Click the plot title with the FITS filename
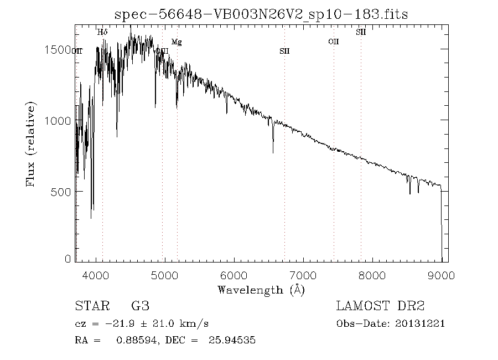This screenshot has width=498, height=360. coord(261,14)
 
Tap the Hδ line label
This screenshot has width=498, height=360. coord(102,33)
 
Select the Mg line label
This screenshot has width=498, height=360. coord(177,42)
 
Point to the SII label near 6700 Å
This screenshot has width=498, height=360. coord(284,51)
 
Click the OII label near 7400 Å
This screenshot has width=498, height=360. coord(333,42)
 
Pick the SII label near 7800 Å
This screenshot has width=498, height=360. coord(361,32)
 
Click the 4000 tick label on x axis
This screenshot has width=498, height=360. coord(96,275)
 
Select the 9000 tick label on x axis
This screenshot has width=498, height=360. coord(441,275)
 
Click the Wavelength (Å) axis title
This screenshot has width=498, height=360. coord(261,289)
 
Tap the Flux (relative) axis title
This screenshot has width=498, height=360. coord(32,144)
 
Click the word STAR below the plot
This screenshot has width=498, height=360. coord(91,306)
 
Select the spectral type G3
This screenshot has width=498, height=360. coord(140,306)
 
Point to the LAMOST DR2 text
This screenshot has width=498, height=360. coord(380,306)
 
